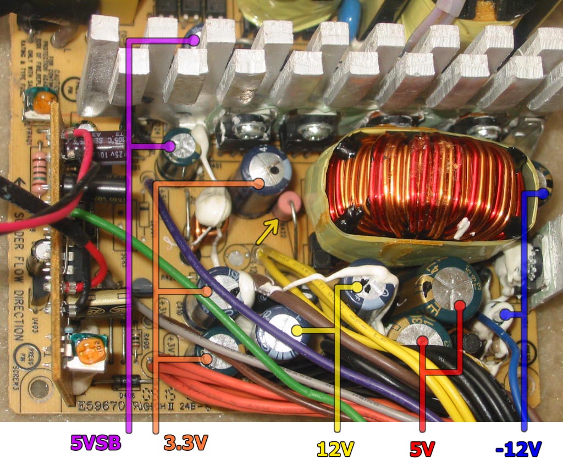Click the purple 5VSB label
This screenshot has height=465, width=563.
(x=95, y=442)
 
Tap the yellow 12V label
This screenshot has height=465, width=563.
(x=335, y=449)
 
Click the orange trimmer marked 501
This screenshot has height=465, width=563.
(x=87, y=351)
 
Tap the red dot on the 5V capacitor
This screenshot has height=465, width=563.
(x=422, y=341)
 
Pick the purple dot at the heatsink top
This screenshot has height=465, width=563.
(x=194, y=40)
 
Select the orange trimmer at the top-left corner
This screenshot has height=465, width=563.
(x=44, y=100)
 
